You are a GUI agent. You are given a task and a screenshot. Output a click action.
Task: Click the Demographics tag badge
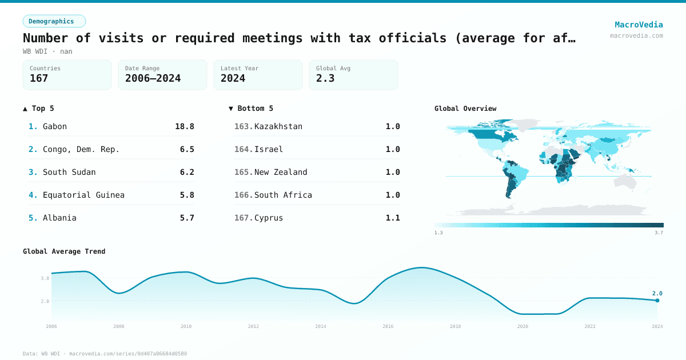54,21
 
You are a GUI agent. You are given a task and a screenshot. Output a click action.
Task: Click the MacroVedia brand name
639,25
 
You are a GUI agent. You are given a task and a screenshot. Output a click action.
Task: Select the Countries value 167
39,78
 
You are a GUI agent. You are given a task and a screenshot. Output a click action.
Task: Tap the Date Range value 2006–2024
153,78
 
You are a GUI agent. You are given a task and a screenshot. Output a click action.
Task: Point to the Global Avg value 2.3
325,78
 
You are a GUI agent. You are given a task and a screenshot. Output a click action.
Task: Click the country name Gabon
55,126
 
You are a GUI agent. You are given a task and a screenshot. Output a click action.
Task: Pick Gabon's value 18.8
184,126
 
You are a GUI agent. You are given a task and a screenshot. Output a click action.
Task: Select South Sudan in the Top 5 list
69,172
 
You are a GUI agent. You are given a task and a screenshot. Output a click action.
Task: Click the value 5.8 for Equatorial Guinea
186,195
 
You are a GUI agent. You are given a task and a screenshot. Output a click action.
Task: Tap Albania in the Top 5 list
59,218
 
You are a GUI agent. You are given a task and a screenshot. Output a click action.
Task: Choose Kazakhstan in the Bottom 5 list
278,126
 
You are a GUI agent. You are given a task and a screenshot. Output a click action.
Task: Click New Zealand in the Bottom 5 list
281,172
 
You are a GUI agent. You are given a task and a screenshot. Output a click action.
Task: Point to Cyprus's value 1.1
393,218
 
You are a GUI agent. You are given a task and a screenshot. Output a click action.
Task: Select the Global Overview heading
465,108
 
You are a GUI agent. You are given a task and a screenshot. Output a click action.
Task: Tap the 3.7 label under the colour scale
659,233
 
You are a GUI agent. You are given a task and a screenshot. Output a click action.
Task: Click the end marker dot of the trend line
657,300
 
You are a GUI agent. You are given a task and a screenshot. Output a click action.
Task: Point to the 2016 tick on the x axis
388,326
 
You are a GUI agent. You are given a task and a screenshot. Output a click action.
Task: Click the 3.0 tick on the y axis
45,278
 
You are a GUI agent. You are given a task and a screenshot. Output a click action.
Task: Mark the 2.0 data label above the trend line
657,293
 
